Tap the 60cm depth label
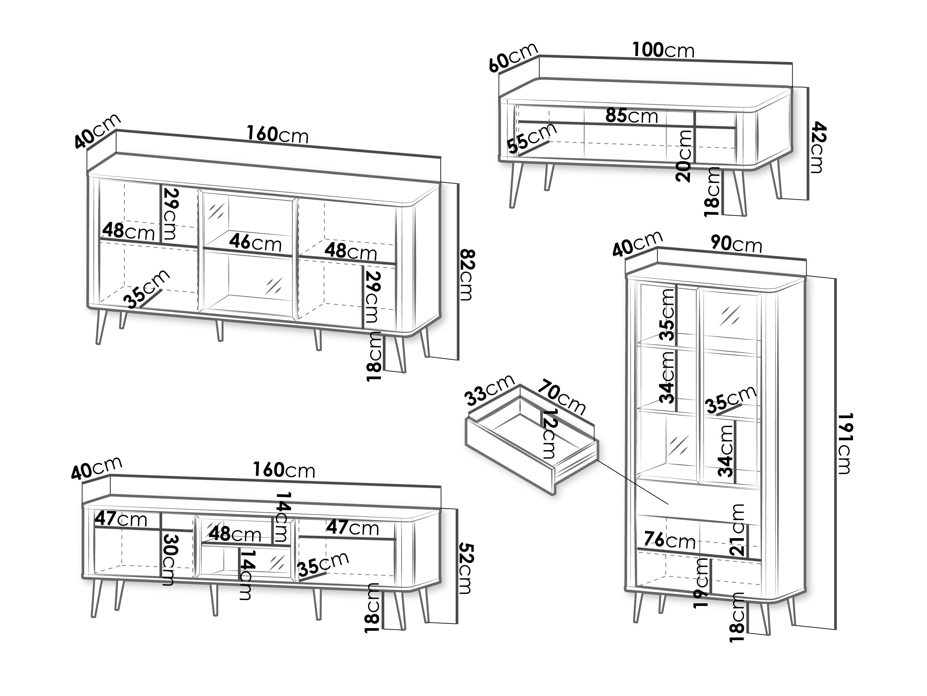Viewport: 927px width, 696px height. click(x=513, y=57)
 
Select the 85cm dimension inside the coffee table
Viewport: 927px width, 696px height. click(x=631, y=115)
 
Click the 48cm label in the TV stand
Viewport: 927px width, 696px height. click(x=235, y=534)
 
